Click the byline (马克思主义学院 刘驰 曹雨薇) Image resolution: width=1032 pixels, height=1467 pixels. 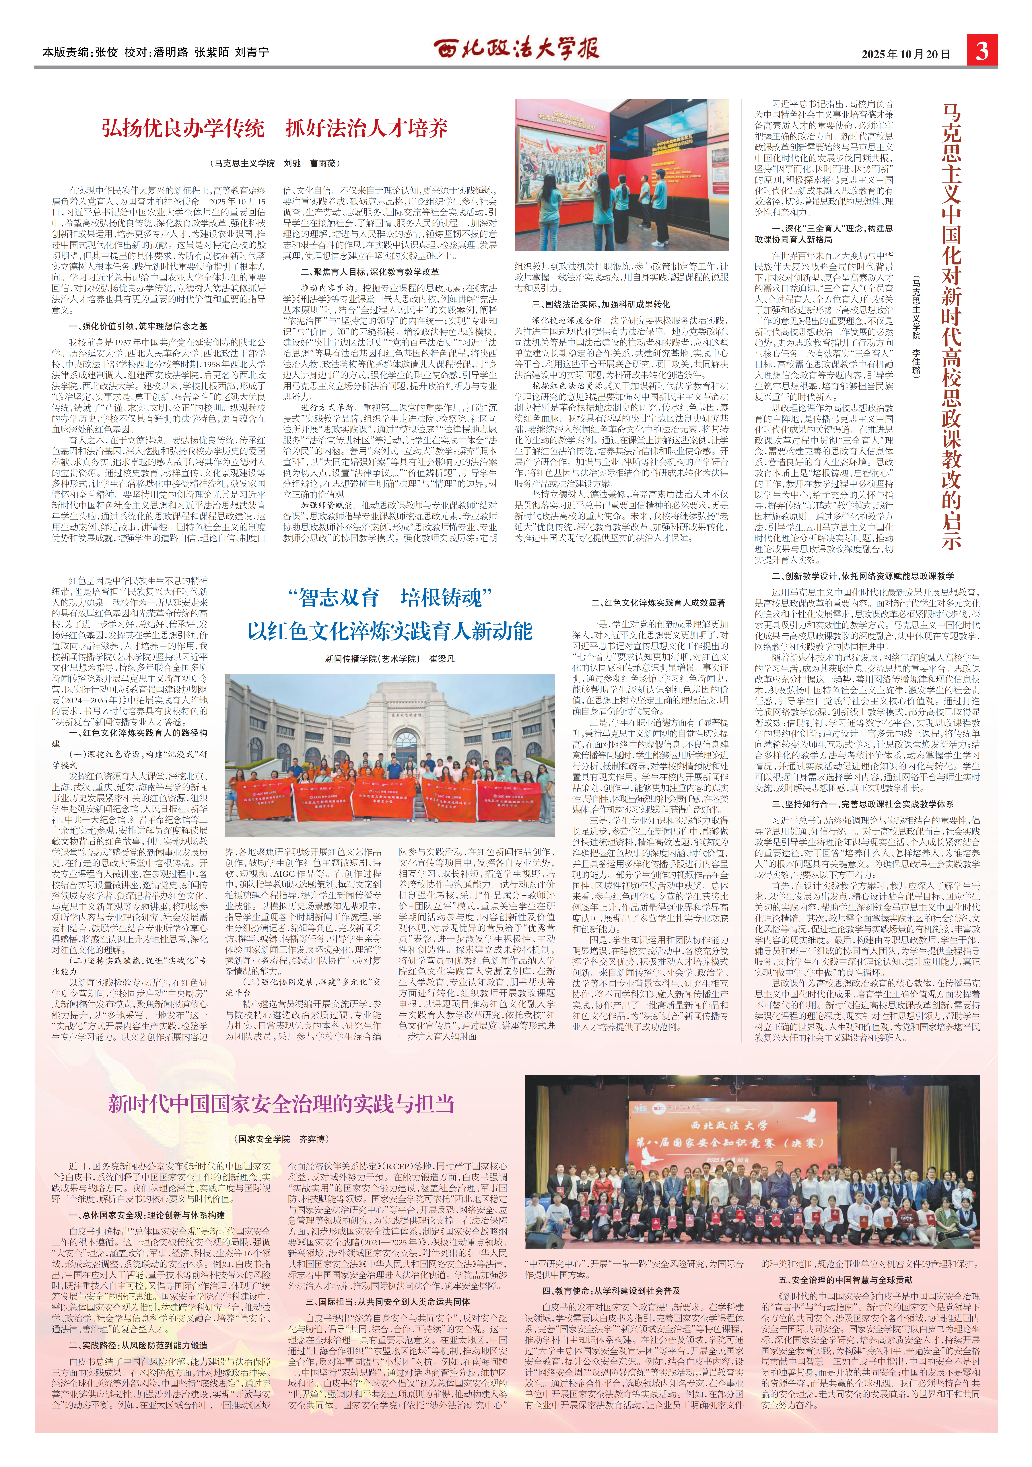pyautogui.click(x=275, y=164)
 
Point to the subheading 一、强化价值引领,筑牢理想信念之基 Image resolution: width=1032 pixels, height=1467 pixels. pyautogui.click(x=138, y=326)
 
